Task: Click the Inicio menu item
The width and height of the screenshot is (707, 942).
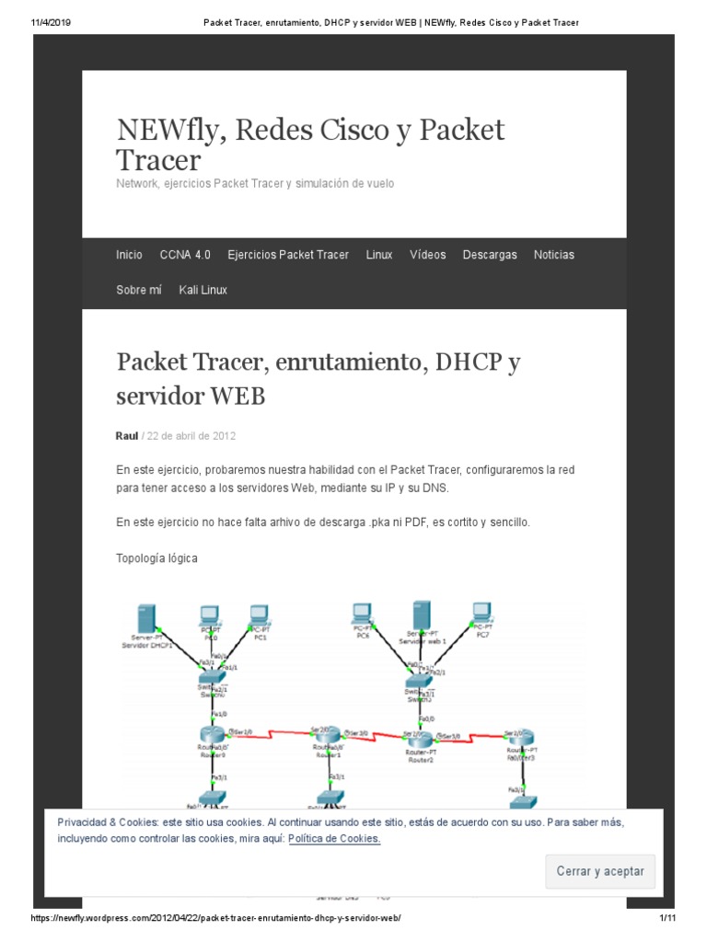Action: click(x=129, y=255)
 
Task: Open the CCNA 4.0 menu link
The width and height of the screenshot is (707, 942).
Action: click(x=185, y=255)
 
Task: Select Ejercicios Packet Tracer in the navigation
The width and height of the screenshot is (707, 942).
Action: click(x=288, y=255)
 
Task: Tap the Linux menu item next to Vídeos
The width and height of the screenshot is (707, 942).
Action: click(x=378, y=255)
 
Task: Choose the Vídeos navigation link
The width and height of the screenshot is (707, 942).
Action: click(x=427, y=255)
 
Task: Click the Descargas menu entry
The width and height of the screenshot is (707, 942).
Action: click(x=490, y=255)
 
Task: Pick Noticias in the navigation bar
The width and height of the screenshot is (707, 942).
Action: click(x=553, y=255)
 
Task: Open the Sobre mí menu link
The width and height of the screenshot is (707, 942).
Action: click(x=139, y=290)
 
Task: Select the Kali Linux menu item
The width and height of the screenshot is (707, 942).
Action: click(x=203, y=290)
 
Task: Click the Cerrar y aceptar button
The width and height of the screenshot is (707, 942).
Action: click(x=600, y=871)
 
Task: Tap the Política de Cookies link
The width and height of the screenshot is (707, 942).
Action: click(x=334, y=839)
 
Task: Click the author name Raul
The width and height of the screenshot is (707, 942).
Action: click(x=127, y=435)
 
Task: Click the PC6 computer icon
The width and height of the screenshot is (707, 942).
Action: click(x=362, y=614)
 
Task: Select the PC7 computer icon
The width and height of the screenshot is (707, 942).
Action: click(x=481, y=614)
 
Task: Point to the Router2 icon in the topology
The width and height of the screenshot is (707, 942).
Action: click(x=415, y=737)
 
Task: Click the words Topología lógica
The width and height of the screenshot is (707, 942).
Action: click(x=156, y=558)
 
